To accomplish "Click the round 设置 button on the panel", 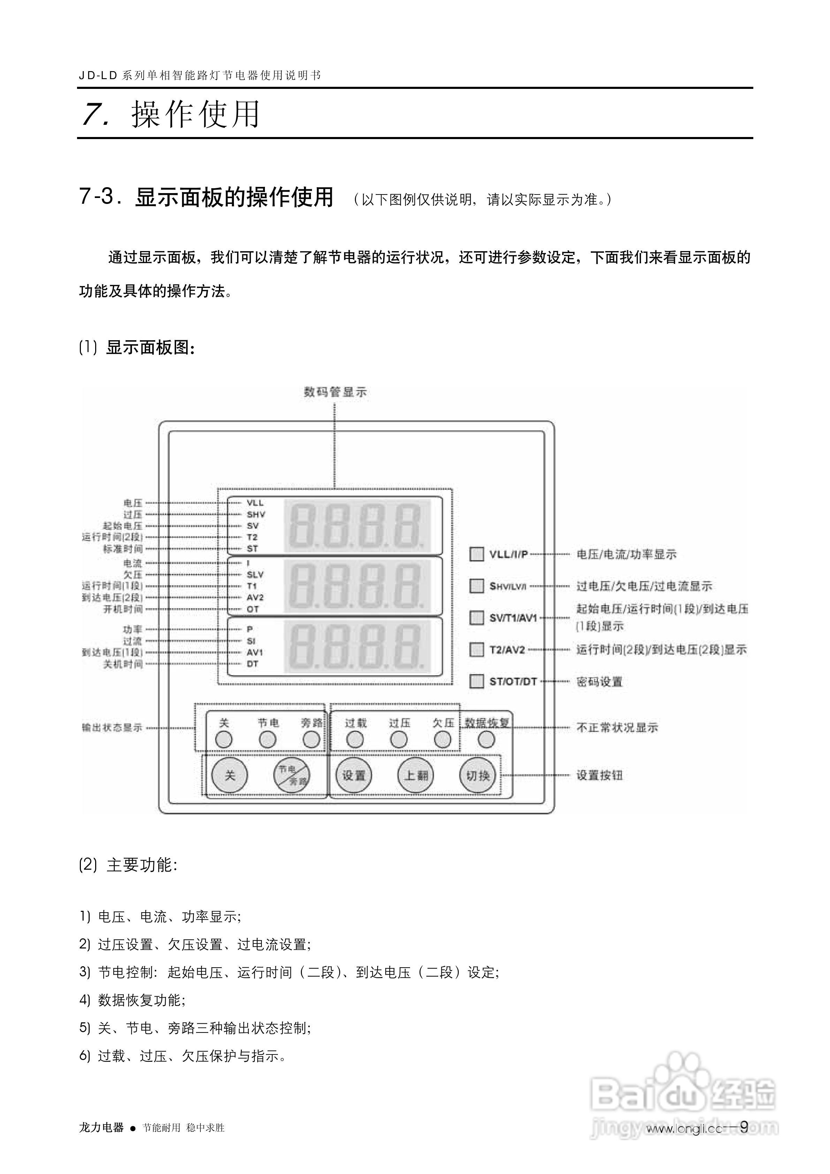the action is click(354, 775).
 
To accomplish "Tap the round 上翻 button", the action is click(416, 775).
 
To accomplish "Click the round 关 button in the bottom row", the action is click(230, 775).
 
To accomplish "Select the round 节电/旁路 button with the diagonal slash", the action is click(291, 775).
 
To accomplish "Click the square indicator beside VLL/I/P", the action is click(477, 554).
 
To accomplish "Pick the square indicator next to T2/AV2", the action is click(477, 649).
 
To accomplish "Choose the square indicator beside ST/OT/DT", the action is click(477, 681).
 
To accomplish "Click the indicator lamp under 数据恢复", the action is click(486, 739).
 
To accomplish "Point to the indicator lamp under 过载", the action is click(355, 739).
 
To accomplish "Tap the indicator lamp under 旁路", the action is click(311, 739).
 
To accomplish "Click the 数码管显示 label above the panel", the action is click(335, 392).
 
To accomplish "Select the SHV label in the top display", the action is click(256, 514).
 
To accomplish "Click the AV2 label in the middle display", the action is click(255, 597).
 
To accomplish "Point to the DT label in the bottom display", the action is click(253, 664).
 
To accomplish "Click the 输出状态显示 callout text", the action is click(112, 727).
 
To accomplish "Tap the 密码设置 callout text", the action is click(599, 681).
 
